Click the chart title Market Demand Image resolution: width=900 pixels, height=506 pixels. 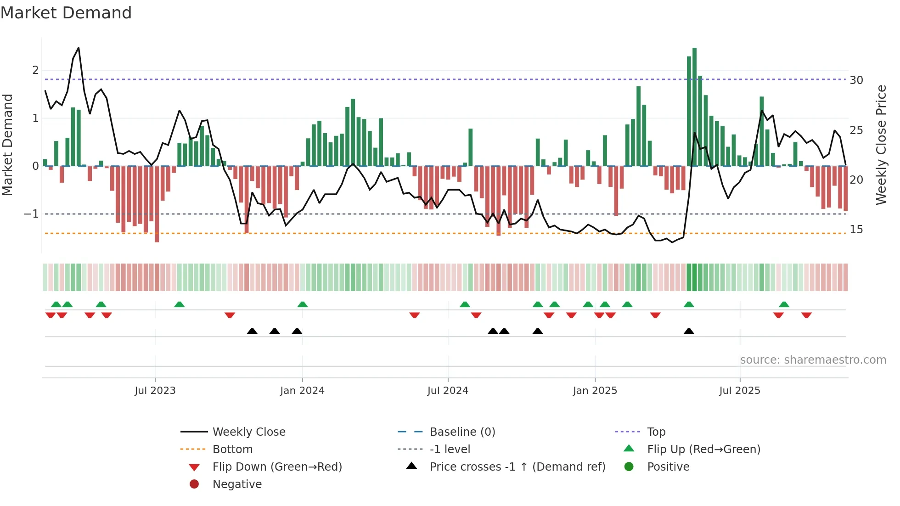66,13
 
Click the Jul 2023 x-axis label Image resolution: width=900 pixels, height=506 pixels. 155,391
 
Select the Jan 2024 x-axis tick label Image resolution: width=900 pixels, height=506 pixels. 302,391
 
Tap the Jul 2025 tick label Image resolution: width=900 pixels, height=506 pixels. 739,391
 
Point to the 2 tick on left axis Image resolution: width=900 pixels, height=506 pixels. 35,70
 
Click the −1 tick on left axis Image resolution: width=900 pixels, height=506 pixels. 31,214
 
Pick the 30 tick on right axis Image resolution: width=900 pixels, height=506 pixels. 856,80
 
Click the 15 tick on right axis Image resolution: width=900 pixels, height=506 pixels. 856,230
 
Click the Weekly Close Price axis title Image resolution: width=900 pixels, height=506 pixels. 881,145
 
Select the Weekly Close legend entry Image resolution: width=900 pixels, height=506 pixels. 248,432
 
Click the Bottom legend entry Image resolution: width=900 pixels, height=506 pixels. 232,450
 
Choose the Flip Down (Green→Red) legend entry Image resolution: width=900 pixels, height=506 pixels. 277,467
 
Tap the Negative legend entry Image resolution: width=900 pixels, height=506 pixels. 237,484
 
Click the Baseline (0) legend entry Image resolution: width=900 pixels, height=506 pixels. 462,432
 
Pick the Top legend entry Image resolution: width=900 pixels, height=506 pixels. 656,432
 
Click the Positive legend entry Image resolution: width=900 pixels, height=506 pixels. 668,467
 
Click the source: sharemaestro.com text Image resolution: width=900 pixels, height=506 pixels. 813,360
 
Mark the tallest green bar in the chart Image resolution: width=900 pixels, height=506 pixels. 694,107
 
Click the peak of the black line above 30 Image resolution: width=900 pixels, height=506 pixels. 79,48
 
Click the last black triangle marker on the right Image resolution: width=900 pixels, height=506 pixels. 689,331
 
